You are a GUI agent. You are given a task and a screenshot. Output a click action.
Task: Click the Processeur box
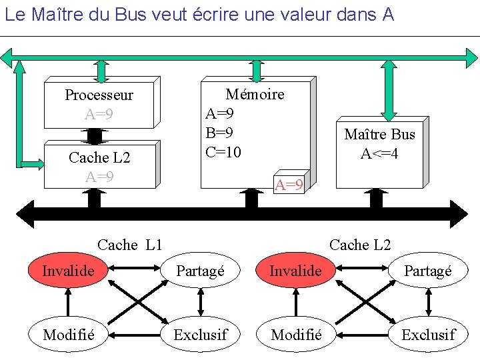tap(99, 104)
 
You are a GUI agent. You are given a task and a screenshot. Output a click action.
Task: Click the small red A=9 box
tap(289, 185)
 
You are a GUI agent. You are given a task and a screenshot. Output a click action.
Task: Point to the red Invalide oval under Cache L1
tap(68, 271)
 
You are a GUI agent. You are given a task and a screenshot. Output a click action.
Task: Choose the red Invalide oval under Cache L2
tap(295, 271)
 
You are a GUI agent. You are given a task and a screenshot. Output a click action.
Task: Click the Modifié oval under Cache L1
tap(68, 334)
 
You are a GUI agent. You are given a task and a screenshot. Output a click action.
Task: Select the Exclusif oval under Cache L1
tap(200, 334)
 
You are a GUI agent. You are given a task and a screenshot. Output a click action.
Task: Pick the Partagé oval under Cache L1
tap(200, 271)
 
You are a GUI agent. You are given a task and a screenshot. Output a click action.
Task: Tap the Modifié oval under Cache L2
tap(295, 334)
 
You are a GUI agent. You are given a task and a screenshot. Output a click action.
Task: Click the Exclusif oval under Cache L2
tap(428, 334)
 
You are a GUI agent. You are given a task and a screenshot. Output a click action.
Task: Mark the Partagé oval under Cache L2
tap(428, 271)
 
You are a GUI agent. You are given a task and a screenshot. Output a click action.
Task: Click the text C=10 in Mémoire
tap(223, 152)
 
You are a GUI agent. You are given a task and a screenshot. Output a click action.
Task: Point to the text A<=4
tap(379, 154)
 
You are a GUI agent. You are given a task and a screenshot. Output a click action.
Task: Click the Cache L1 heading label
tap(129, 245)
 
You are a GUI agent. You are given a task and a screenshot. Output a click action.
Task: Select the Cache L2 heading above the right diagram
tap(360, 245)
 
